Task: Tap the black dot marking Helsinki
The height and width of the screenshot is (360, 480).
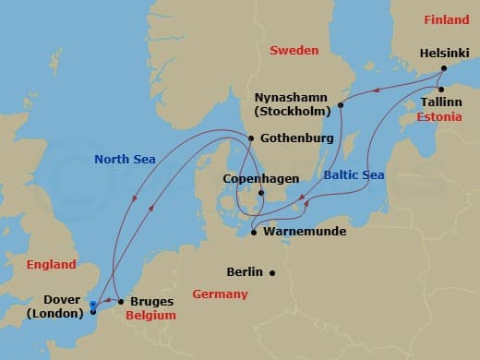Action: pyautogui.click(x=442, y=68)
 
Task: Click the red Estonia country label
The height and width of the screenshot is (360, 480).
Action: pyautogui.click(x=439, y=118)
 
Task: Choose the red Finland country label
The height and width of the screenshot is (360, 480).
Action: pyautogui.click(x=447, y=19)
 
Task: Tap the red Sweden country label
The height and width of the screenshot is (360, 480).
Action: pyautogui.click(x=294, y=50)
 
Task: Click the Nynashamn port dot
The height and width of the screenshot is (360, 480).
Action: pyautogui.click(x=341, y=105)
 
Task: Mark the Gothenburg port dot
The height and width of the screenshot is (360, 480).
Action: pyautogui.click(x=251, y=138)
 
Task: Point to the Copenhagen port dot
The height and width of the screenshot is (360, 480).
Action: pyautogui.click(x=261, y=193)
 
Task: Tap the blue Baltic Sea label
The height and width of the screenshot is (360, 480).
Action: pyautogui.click(x=354, y=174)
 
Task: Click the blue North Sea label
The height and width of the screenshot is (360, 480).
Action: pyautogui.click(x=125, y=159)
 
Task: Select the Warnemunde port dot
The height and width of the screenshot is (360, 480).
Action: pyautogui.click(x=253, y=233)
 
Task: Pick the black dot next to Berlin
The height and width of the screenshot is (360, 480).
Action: pyautogui.click(x=272, y=272)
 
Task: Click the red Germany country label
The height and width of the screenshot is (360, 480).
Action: pyautogui.click(x=220, y=294)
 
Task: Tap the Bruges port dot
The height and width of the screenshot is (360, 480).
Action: pyautogui.click(x=121, y=302)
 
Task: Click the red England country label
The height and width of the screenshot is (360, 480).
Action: pyautogui.click(x=51, y=264)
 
